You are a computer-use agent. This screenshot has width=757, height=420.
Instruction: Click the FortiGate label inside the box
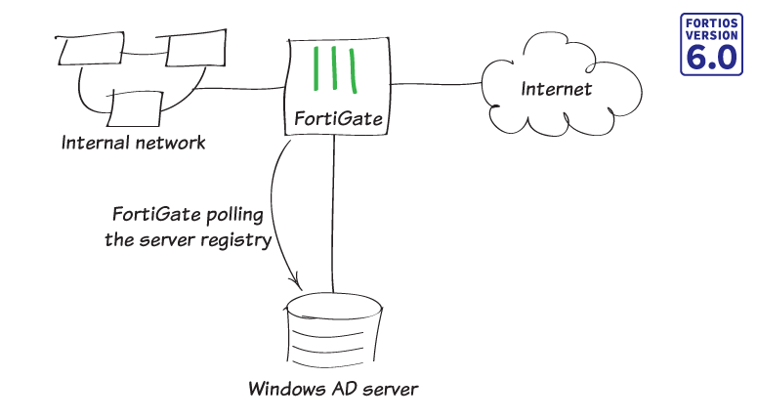(335, 121)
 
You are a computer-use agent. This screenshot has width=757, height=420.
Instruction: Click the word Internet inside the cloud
(556, 90)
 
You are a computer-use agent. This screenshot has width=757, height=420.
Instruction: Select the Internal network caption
(134, 143)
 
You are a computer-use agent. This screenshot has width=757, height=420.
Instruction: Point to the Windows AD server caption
(332, 390)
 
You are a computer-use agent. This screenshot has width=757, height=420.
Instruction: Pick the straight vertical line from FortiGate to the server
(334, 215)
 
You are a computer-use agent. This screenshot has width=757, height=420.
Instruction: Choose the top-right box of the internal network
(190, 51)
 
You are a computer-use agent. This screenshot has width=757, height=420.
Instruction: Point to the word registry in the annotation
(236, 238)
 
